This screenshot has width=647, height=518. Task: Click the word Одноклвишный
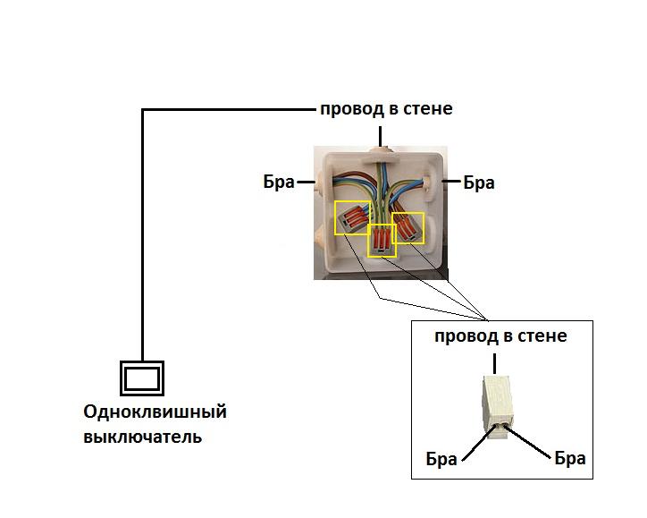click(x=155, y=412)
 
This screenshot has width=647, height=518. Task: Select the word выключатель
click(x=142, y=437)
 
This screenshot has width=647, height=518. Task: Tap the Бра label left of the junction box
click(x=279, y=182)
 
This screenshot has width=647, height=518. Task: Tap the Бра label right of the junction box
click(x=479, y=183)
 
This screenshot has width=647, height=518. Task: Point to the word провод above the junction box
click(x=352, y=110)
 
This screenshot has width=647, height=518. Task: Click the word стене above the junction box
click(x=427, y=108)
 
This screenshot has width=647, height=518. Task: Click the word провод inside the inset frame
click(x=466, y=337)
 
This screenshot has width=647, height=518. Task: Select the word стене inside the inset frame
click(x=542, y=335)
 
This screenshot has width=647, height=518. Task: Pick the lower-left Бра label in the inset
click(x=441, y=459)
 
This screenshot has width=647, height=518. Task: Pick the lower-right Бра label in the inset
click(x=570, y=458)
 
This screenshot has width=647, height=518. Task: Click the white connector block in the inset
click(x=497, y=406)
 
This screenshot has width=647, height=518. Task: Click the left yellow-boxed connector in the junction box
click(x=353, y=217)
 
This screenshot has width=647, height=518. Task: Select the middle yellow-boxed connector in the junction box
click(x=382, y=241)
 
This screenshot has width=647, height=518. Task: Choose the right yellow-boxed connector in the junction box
click(x=408, y=228)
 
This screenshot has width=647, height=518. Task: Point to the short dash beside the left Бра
click(x=307, y=183)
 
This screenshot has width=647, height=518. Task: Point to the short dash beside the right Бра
click(x=451, y=182)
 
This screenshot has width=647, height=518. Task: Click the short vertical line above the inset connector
click(x=495, y=363)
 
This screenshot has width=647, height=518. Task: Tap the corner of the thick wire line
click(x=143, y=110)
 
